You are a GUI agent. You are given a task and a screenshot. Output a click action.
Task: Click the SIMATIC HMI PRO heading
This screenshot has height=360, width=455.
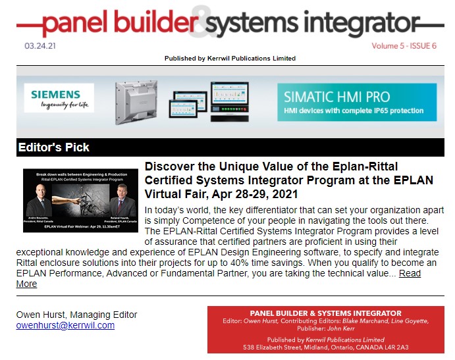[336, 97]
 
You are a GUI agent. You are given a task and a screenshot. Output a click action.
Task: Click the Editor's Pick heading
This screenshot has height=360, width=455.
[54, 147]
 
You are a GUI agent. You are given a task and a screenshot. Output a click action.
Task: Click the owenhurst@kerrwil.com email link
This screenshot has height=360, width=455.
[65, 325]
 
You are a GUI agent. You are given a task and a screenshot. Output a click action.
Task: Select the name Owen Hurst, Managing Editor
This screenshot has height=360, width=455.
[76, 315]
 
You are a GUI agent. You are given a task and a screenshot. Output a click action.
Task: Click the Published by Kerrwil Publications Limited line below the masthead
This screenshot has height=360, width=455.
[230, 59]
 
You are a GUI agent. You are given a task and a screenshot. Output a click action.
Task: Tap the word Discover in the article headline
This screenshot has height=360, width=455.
[168, 167]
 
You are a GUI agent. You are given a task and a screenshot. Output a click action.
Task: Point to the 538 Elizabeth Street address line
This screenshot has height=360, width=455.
[325, 347]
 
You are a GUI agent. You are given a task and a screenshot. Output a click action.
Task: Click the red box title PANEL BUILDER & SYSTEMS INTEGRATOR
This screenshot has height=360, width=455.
[325, 313]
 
